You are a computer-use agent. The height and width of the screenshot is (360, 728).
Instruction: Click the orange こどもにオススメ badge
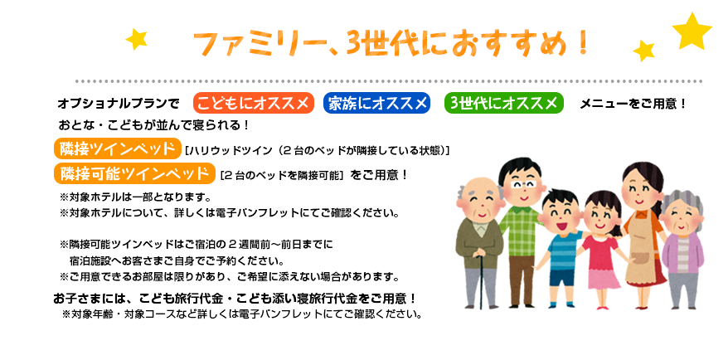pos(254,103)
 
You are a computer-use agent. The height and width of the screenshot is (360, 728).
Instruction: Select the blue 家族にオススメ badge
pos(376,103)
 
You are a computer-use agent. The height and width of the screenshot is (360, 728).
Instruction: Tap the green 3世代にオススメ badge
pos(504,103)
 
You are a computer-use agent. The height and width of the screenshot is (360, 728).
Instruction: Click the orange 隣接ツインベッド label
pos(117,149)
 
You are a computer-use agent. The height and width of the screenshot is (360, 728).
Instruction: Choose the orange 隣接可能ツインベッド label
pos(134,173)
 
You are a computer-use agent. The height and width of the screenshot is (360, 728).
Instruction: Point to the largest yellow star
pos(692,31)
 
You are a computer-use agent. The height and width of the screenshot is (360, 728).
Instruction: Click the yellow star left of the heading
pos(137,39)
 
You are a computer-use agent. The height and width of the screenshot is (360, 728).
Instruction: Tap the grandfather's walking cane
pos(481,280)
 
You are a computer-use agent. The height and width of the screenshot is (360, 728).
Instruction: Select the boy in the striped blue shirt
pos(561,247)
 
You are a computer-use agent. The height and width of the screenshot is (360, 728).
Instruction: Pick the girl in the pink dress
pos(602,250)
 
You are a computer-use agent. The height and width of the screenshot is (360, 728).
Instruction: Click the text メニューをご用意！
pos(633,104)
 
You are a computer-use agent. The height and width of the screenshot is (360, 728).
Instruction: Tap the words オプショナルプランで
pos(119,104)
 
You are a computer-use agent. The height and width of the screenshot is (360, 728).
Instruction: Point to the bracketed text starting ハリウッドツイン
pos(317,150)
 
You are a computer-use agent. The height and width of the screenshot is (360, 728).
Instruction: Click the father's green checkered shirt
pos(521,230)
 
